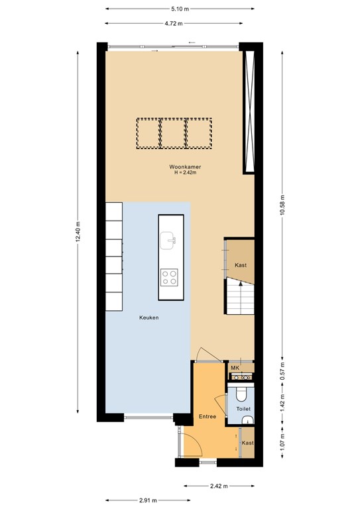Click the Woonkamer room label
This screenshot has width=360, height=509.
(x=185, y=167)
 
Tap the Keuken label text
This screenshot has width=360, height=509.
(x=149, y=317)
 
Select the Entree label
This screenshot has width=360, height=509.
(x=208, y=416)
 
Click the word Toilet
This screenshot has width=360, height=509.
(x=243, y=409)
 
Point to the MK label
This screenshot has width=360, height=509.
(x=235, y=368)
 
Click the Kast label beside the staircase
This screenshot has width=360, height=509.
(x=241, y=265)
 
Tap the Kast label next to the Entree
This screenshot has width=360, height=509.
(x=248, y=443)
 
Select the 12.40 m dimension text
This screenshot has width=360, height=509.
(x=78, y=232)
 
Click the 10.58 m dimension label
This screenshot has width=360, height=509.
(x=282, y=205)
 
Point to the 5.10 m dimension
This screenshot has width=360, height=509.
(x=180, y=9)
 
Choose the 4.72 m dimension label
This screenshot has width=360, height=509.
(x=174, y=23)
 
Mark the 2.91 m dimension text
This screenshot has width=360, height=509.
(x=148, y=500)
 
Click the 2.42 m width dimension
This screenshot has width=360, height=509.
(x=219, y=486)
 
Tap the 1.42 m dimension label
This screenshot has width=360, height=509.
(x=282, y=402)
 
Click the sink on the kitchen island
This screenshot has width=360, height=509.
(x=168, y=241)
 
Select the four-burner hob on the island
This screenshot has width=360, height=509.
(x=169, y=278)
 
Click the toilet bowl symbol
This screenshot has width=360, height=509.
(x=241, y=394)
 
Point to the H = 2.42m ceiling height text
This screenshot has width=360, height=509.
(x=186, y=173)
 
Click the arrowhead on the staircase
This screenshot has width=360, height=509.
(x=241, y=284)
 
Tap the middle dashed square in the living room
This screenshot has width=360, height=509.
(x=174, y=133)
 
